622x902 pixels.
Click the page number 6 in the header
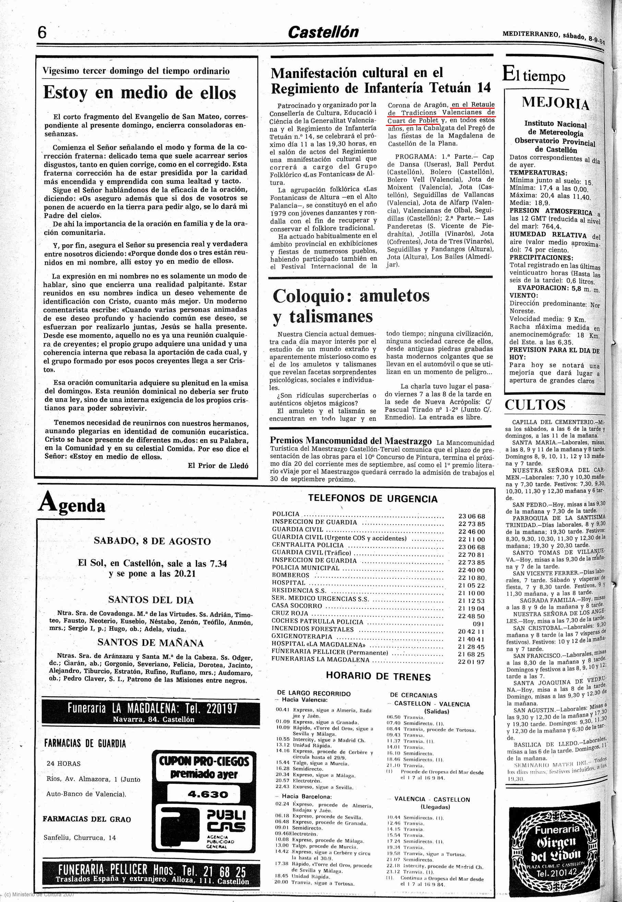(42, 33)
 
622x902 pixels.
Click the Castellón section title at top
(323, 32)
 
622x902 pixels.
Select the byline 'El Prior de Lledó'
(218, 465)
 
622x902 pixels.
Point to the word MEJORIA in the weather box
(555, 103)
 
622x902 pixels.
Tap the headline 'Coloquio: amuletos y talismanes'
(351, 306)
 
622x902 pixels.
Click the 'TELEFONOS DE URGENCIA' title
(373, 499)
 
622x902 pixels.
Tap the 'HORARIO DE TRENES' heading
(378, 677)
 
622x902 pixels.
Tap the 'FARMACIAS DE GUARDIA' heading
(85, 743)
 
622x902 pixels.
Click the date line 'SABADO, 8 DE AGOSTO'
(152, 541)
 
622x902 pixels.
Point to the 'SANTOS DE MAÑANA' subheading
(151, 642)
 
